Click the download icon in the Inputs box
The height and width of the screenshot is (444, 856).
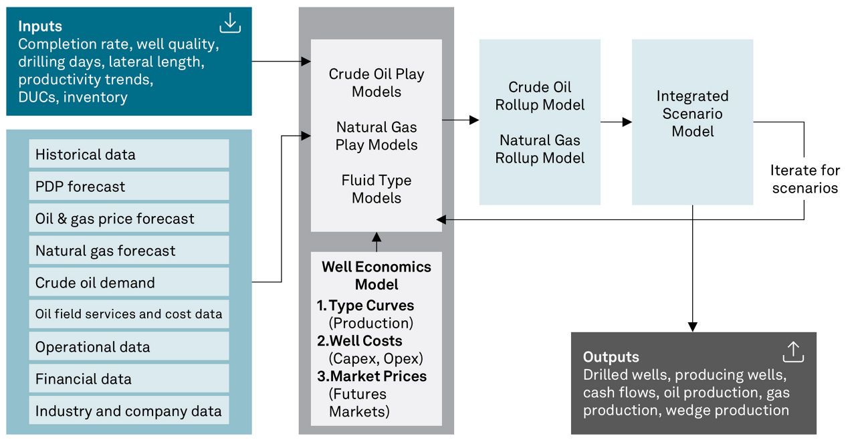click(230, 23)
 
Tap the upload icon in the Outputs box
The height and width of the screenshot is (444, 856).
click(793, 352)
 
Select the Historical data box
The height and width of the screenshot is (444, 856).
click(129, 154)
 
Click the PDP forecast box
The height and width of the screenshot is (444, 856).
click(129, 186)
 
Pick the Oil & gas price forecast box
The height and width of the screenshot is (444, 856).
click(129, 218)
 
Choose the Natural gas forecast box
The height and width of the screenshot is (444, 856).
click(129, 250)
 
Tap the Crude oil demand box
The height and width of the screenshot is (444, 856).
click(129, 282)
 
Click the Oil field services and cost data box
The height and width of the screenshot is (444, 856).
click(129, 314)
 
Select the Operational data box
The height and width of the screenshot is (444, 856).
click(129, 346)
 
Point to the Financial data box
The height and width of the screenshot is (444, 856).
click(129, 378)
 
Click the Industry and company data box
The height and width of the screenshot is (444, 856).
click(129, 411)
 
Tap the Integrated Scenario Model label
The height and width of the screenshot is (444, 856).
click(692, 114)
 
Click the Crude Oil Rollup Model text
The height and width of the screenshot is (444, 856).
click(540, 96)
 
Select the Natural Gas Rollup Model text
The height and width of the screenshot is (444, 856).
click(540, 149)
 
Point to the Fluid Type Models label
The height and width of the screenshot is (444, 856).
click(377, 189)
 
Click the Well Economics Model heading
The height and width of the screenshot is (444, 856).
click(377, 275)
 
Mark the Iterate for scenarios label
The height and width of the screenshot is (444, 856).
click(805, 179)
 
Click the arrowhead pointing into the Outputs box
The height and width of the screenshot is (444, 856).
click(692, 327)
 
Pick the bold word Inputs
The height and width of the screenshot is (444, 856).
click(40, 26)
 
